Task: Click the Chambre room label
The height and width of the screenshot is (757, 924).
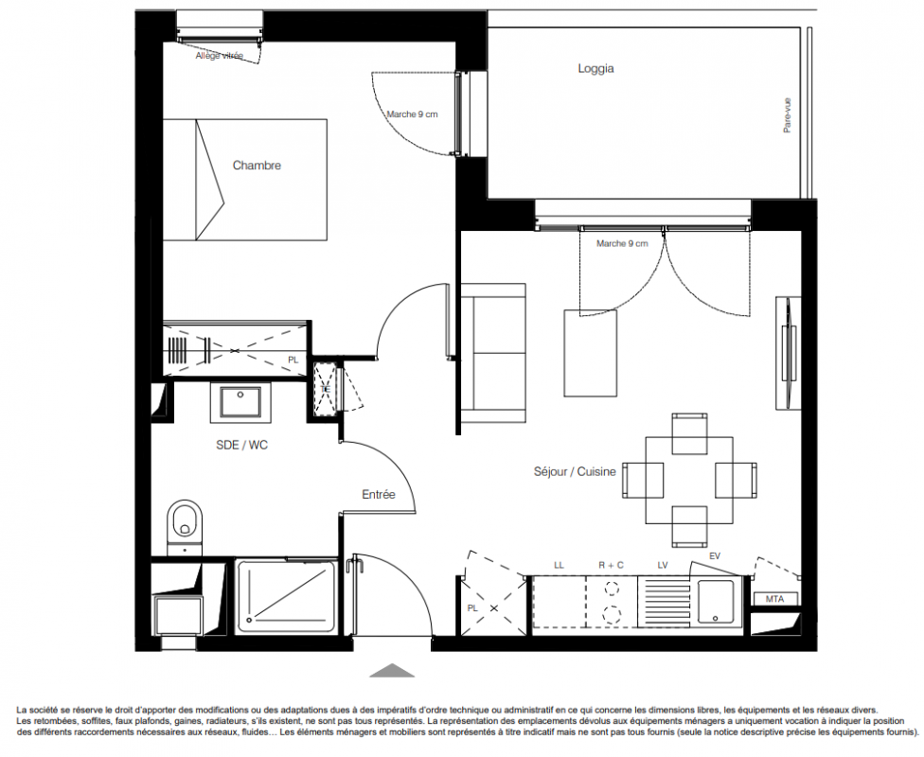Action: [257, 166]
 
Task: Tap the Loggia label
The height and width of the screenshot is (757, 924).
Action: [595, 68]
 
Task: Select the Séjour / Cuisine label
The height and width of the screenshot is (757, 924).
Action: [575, 471]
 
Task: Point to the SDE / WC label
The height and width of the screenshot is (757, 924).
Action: [241, 446]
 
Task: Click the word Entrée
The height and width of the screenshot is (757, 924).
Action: [379, 494]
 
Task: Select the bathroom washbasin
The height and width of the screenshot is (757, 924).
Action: [240, 402]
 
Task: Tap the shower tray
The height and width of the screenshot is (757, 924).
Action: [287, 596]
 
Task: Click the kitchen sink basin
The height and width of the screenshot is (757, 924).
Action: [716, 601]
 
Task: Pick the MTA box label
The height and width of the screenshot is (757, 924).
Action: [775, 599]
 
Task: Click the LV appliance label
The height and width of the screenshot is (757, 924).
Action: [663, 565]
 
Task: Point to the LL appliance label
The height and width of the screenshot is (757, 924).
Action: [559, 565]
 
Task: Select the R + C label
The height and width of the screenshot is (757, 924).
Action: [611, 565]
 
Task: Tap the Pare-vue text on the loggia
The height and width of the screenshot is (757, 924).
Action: [788, 114]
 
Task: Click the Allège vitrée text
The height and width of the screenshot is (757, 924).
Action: [220, 56]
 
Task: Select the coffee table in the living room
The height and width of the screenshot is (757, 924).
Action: [591, 353]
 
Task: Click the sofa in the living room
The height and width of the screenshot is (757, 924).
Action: [492, 354]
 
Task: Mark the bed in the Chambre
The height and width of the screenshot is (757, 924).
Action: [244, 180]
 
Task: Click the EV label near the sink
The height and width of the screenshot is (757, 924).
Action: [715, 555]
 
